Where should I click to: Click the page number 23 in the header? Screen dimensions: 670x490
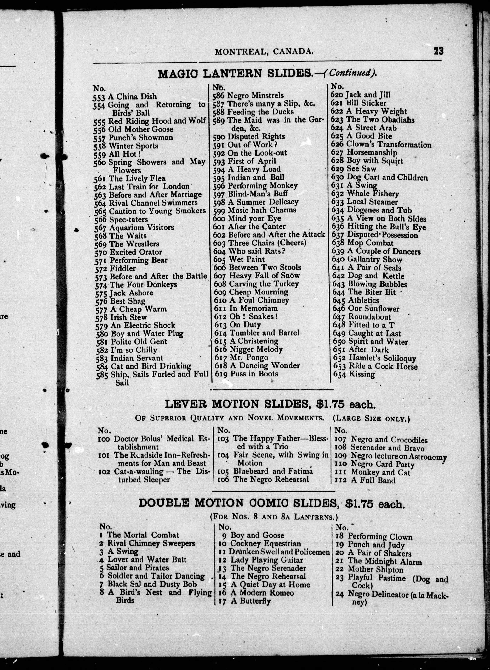click(438, 51)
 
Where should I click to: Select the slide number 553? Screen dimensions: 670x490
click(99, 97)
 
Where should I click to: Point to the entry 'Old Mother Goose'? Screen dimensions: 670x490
click(141, 129)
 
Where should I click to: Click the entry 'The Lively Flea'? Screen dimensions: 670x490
click(137, 179)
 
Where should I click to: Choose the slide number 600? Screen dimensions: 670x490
click(219, 219)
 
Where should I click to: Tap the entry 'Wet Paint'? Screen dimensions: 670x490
click(247, 260)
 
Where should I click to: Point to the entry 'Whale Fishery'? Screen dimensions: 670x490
click(373, 194)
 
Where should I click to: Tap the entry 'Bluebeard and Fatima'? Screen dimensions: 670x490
click(273, 471)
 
